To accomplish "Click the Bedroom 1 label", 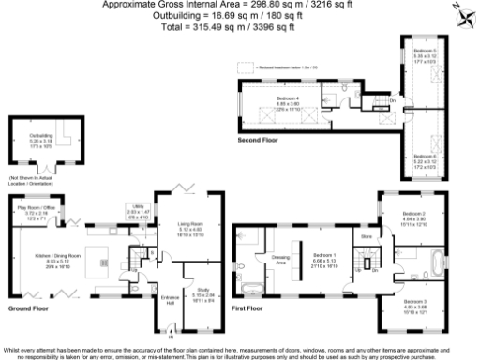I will click(323, 256).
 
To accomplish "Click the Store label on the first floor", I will click(367, 236).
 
